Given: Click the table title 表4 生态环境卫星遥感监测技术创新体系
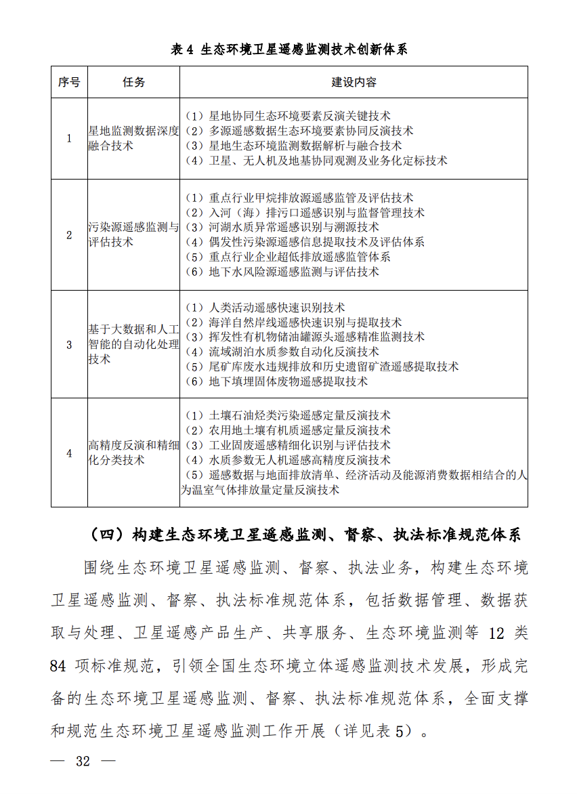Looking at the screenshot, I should [x=289, y=49].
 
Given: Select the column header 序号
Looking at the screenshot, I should [x=69, y=82].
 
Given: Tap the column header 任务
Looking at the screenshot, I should [x=133, y=82].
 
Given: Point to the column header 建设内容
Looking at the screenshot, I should [x=354, y=82].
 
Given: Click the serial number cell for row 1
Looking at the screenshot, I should [x=69, y=138].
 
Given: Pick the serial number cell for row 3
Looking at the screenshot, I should [x=69, y=344].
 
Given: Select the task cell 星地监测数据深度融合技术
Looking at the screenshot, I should [x=133, y=138].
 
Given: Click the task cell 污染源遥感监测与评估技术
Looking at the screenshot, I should [x=133, y=234].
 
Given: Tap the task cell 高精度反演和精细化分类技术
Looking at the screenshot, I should [x=133, y=453].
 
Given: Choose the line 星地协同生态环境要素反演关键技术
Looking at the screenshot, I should [x=288, y=117].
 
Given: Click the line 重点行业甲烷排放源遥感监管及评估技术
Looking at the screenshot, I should [x=299, y=198].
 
